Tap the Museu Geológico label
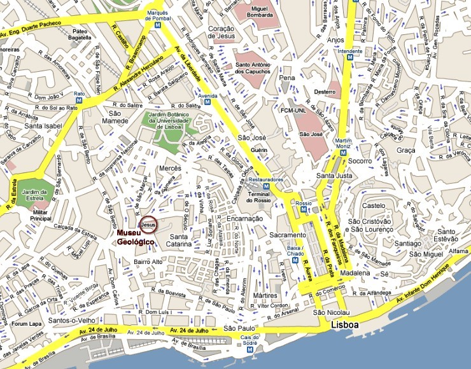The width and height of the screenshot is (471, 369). [x=135, y=238]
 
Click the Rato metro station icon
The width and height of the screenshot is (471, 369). [x=80, y=102]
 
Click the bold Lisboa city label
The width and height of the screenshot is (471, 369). [x=344, y=325]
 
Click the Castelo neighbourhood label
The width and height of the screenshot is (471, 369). [x=374, y=205]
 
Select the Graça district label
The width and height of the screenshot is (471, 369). [x=405, y=150]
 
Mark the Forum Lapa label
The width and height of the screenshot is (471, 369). [x=25, y=323]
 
